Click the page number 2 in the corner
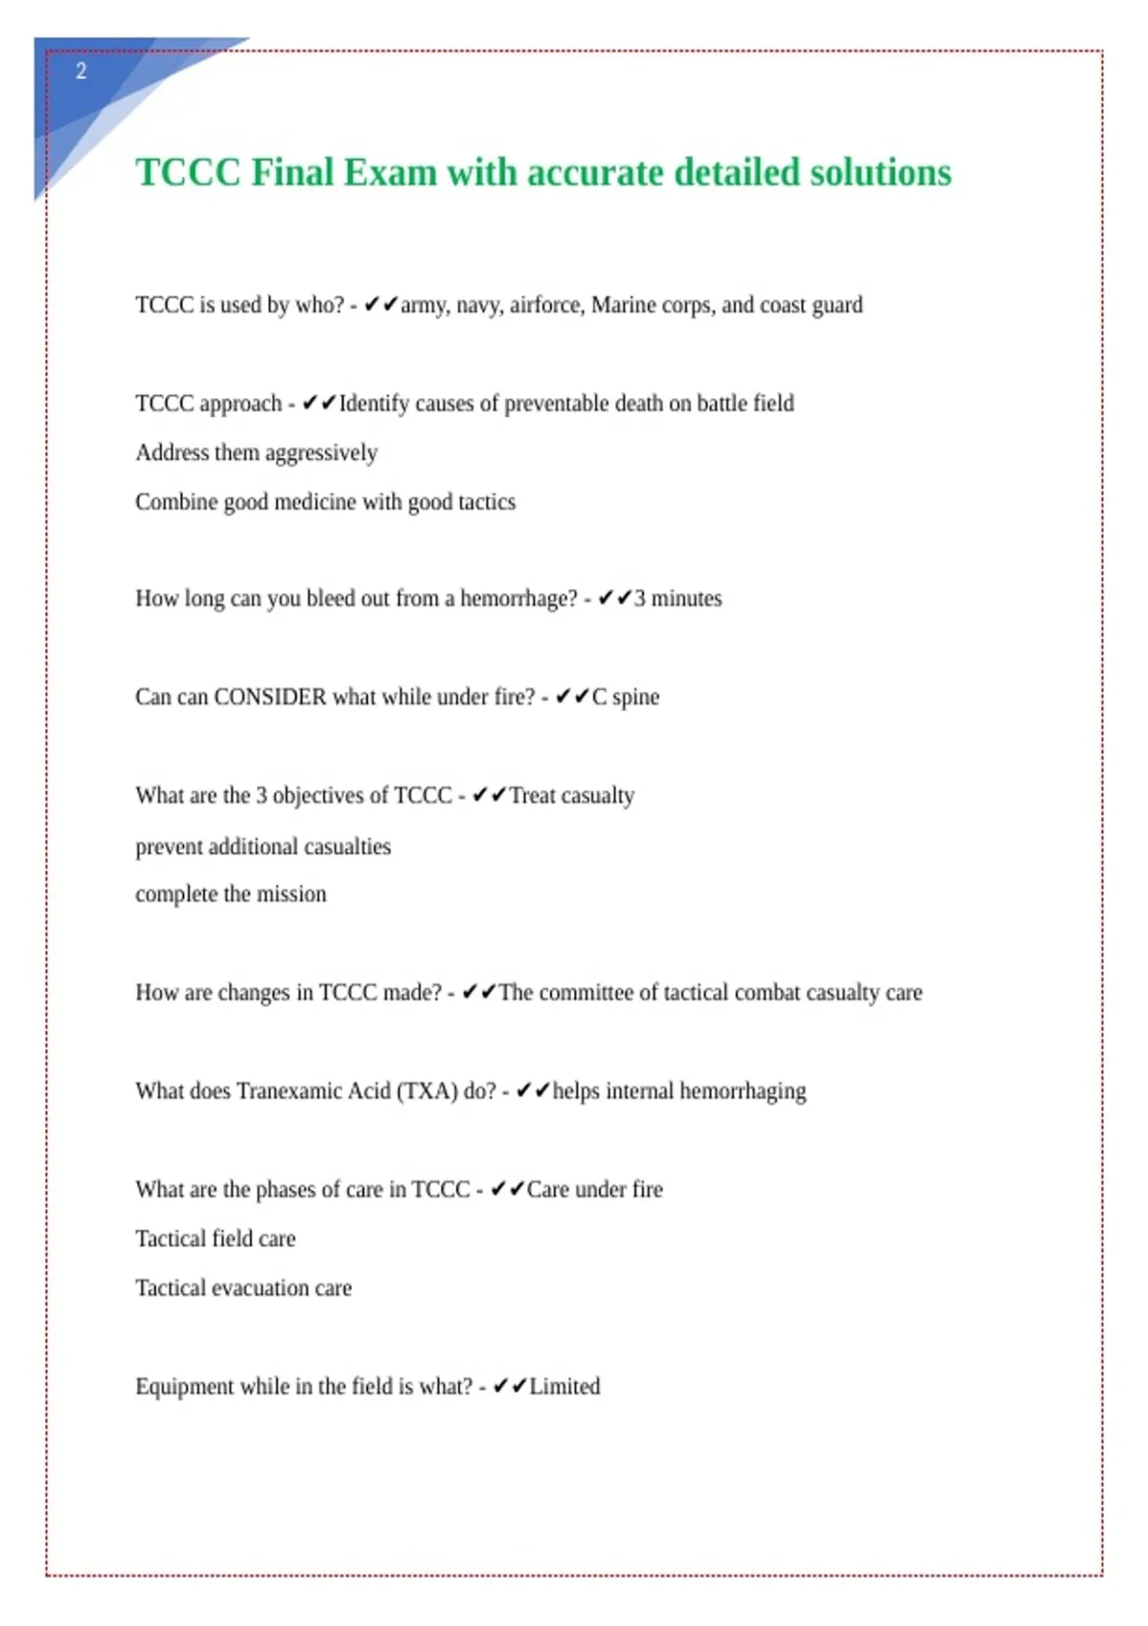click(81, 71)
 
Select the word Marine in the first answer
click(622, 305)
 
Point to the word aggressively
click(321, 452)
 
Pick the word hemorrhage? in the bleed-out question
click(519, 599)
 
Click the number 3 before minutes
click(640, 599)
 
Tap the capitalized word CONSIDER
click(270, 697)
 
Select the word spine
click(635, 697)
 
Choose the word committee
click(585, 993)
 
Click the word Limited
click(564, 1387)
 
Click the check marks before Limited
click(509, 1387)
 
